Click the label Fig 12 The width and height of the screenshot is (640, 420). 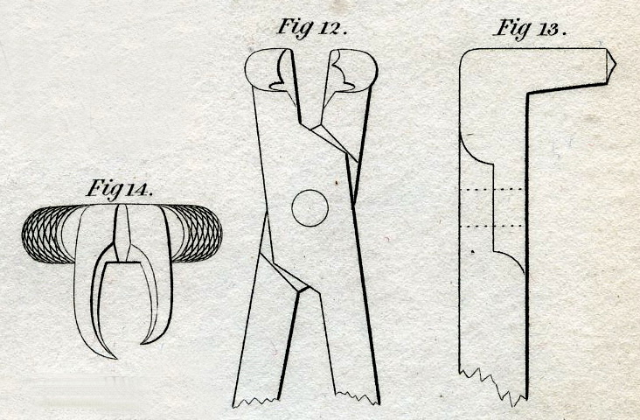[x=312, y=28]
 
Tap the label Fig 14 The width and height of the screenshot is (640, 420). [x=120, y=189]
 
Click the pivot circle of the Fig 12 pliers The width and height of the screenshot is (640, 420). [x=310, y=207]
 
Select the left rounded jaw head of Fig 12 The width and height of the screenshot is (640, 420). [x=269, y=69]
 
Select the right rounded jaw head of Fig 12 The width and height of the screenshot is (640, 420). [x=353, y=68]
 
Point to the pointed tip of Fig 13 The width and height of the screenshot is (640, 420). [x=615, y=64]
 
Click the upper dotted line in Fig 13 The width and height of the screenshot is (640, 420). [x=492, y=189]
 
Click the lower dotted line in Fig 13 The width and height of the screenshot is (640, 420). [x=492, y=226]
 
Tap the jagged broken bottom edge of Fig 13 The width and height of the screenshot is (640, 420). [x=494, y=386]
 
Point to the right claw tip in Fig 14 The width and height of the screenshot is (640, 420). [x=143, y=342]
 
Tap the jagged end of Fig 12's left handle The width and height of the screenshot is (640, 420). [x=255, y=402]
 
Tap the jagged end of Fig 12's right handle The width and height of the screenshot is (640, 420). [x=358, y=398]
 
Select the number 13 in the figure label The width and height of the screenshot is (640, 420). [x=548, y=30]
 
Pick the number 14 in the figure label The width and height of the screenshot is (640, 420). [x=136, y=189]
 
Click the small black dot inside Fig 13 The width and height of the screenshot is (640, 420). [x=473, y=252]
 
